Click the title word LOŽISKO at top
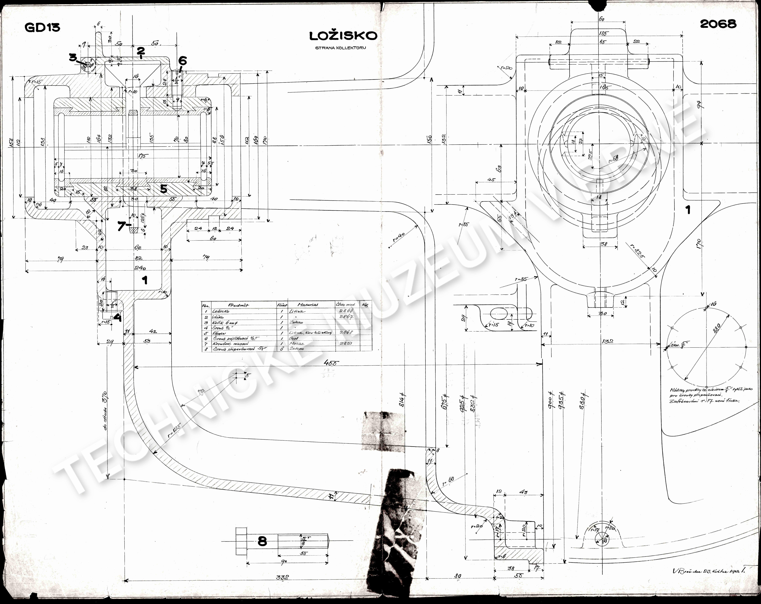click(x=343, y=36)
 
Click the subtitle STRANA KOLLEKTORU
click(x=340, y=48)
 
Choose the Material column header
click(x=307, y=304)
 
